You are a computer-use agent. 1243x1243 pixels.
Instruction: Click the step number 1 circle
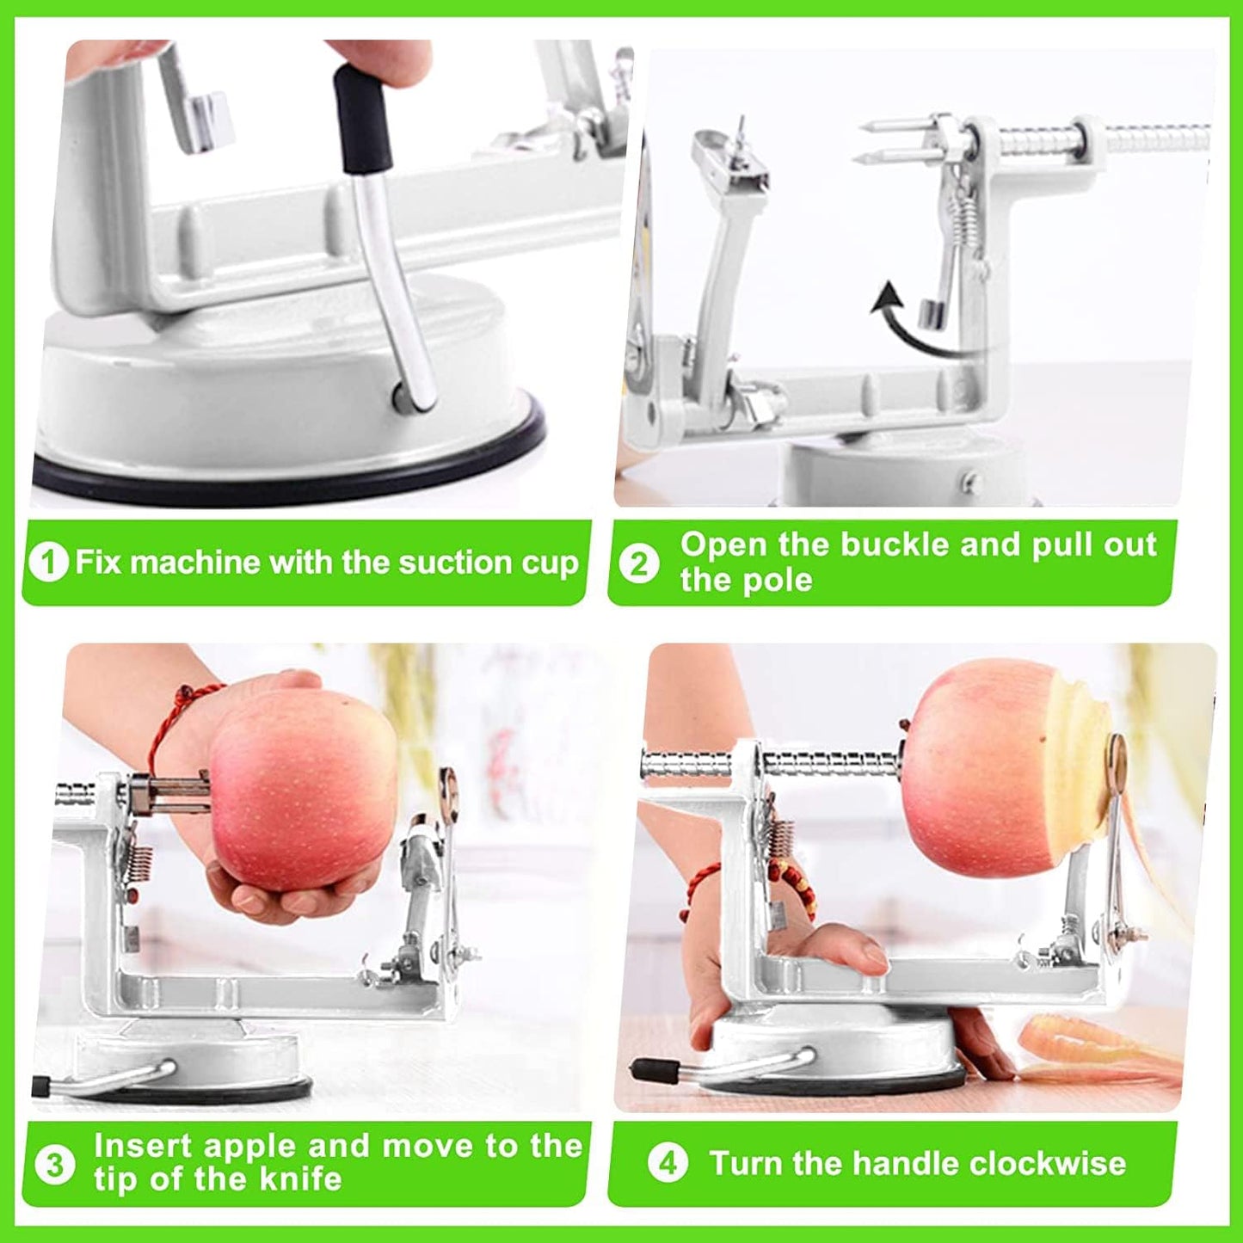(x=48, y=563)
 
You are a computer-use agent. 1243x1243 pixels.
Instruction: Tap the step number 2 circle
(x=639, y=564)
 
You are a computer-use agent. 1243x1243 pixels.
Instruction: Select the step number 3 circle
(x=55, y=1165)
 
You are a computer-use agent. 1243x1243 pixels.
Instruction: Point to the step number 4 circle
(x=668, y=1164)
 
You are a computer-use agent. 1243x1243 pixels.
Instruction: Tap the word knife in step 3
(x=300, y=1178)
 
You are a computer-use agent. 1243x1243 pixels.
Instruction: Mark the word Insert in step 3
(x=142, y=1146)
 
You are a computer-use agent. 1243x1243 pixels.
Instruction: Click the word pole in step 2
(x=779, y=581)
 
